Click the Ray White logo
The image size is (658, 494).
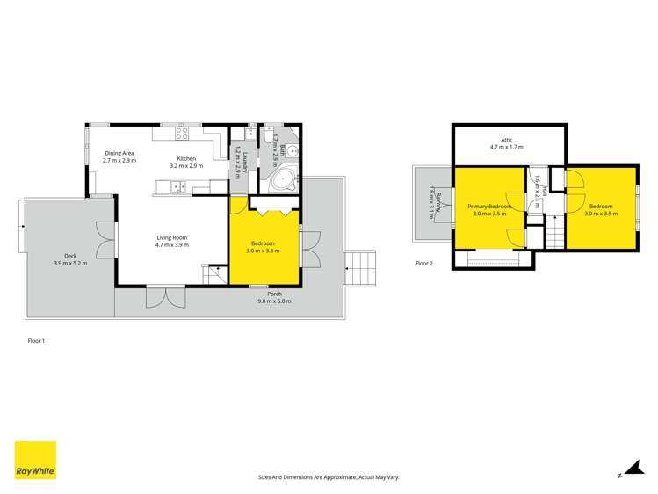point(35,461)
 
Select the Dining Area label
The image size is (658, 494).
point(119,151)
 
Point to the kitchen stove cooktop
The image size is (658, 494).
point(183,134)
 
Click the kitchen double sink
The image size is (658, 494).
point(177,186)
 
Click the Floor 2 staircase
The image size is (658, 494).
point(553,235)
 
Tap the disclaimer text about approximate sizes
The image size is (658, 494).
point(328,476)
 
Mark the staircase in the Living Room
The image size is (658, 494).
point(214,274)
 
